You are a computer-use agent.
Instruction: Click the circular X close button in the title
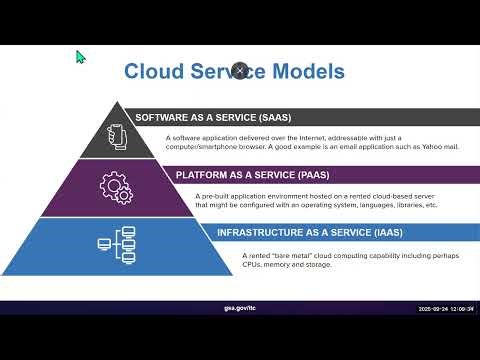(x=240, y=70)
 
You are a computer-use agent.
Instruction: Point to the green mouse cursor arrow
(x=82, y=57)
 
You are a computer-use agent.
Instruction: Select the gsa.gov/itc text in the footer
(x=240, y=309)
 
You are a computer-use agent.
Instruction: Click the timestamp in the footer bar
(x=445, y=309)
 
